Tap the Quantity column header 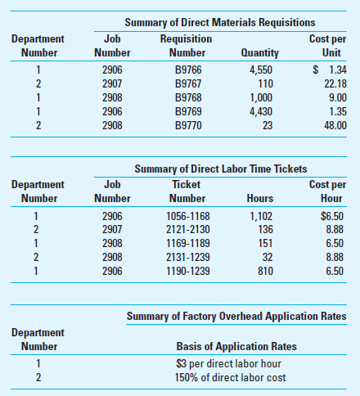point(260,53)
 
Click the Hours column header point(259,199)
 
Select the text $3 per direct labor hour point(224,364)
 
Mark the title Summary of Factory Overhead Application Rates point(236,317)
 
